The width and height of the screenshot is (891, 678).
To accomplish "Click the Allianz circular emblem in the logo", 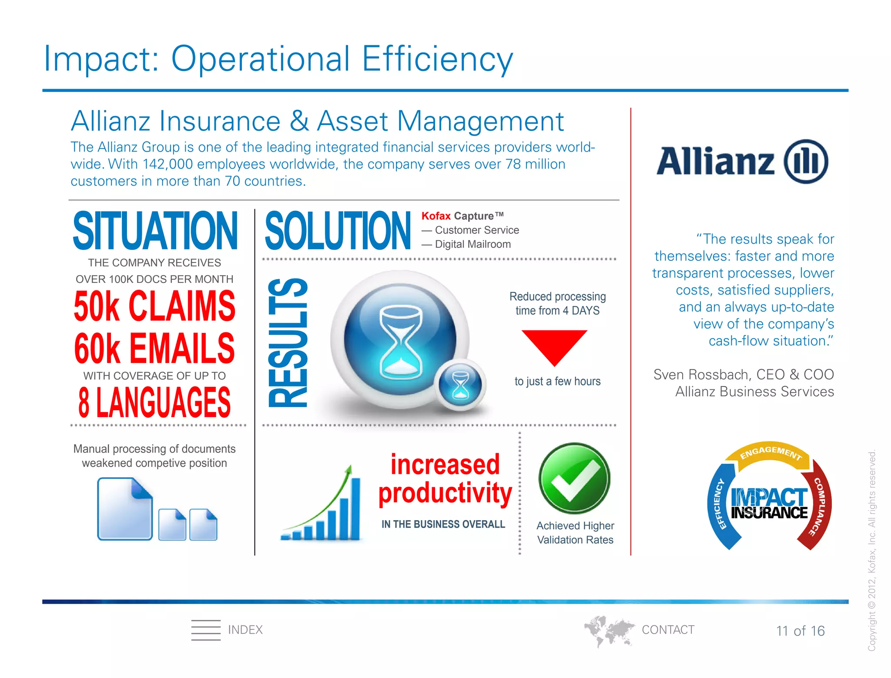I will pos(806,161).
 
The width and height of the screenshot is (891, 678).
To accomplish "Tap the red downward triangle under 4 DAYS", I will pos(554,345).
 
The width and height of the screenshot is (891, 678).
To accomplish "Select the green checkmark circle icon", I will pos(574,478).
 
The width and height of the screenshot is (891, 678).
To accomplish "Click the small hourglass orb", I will pos(460,383).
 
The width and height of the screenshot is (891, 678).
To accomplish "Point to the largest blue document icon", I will pos(125,509).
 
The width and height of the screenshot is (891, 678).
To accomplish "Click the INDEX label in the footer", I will pos(245,630).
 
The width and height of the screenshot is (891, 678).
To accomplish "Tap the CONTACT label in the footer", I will pos(668,630).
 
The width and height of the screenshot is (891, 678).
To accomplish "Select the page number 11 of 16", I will pos(800,631).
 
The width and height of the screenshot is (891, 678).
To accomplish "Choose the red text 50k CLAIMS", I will pos(154,306).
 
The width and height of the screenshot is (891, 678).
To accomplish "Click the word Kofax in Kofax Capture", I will pos(436,216).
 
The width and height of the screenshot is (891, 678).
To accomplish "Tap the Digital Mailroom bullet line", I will pos(472,244).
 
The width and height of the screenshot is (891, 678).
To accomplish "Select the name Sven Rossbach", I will pos(700,375).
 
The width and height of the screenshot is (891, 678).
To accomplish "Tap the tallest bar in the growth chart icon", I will pos(355,508).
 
